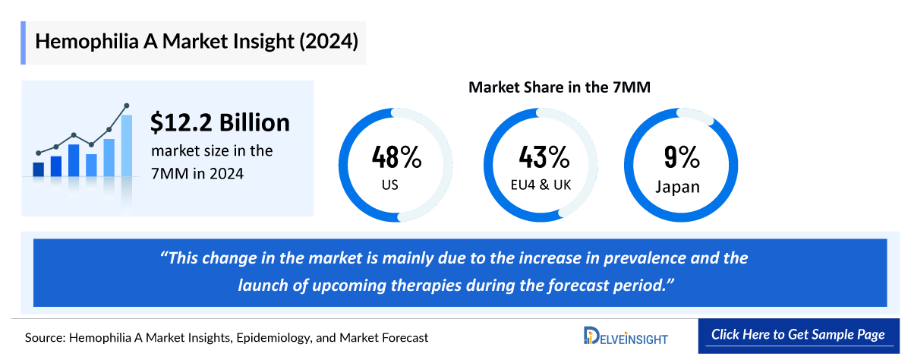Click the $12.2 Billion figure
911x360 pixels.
click(220, 122)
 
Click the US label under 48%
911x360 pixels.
click(389, 185)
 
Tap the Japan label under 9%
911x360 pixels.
click(677, 186)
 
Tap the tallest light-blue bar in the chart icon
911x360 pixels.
click(127, 145)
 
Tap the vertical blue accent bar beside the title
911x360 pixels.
click(24, 42)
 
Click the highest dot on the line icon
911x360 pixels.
click(126, 106)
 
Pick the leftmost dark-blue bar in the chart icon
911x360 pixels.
click(38, 169)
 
